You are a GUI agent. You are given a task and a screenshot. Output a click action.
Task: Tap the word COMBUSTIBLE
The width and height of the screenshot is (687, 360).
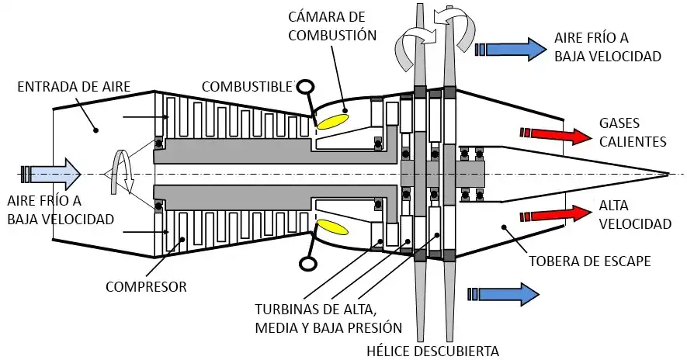(246, 85)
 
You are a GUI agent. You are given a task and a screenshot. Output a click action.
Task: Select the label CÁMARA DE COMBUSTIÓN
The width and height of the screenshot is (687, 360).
(331, 25)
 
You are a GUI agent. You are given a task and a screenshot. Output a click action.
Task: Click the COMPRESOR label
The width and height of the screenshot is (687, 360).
(147, 287)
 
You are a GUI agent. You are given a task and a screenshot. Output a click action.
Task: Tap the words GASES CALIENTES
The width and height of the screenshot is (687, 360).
(633, 133)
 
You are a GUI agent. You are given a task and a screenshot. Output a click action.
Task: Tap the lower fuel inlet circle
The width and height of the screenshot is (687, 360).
(307, 263)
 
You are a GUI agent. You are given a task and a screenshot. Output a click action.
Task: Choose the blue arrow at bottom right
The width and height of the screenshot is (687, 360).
(504, 292)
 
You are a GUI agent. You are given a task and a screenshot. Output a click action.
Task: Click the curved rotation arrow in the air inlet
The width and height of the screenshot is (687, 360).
(121, 171)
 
